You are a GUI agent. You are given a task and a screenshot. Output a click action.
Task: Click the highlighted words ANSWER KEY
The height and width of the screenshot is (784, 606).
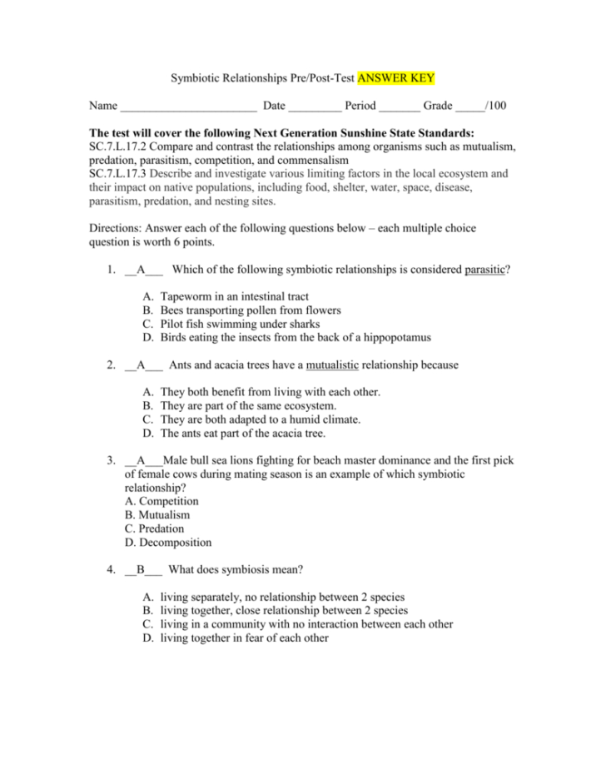click(396, 79)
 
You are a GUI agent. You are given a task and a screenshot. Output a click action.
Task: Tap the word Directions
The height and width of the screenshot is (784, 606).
click(115, 228)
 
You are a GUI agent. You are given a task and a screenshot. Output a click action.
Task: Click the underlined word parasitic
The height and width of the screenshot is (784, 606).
click(486, 270)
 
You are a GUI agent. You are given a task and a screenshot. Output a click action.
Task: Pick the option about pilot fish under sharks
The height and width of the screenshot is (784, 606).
click(240, 324)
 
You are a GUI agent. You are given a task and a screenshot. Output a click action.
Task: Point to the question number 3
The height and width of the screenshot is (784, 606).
click(110, 460)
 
